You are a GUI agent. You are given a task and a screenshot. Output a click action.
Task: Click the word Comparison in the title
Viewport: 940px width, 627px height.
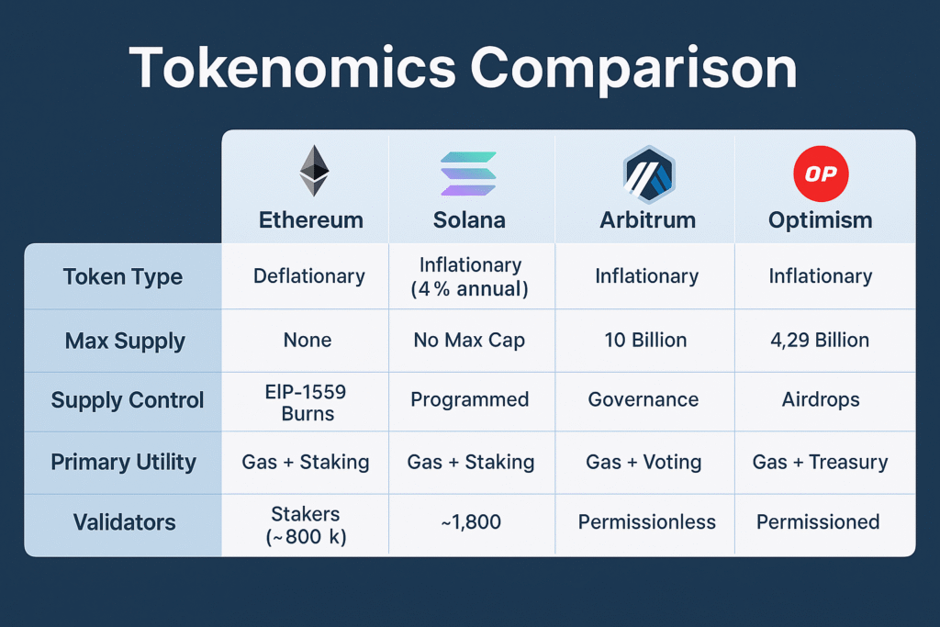(x=639, y=68)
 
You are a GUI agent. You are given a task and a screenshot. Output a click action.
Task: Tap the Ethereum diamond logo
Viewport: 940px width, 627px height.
(x=313, y=171)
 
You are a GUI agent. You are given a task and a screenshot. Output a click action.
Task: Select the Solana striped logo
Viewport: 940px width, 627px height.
(x=468, y=174)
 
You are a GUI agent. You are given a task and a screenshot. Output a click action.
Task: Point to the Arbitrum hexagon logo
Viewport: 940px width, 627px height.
(x=648, y=174)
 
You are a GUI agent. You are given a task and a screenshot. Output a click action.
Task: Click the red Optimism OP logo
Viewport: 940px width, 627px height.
(x=820, y=174)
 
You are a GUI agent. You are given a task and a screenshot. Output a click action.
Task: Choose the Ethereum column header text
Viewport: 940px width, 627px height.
(x=310, y=220)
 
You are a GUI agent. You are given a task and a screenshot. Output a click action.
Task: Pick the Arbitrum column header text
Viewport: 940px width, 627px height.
(x=647, y=220)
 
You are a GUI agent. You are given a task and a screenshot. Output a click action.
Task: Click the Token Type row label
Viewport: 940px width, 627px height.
(x=123, y=277)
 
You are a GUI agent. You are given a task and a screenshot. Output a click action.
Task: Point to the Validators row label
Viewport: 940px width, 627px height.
(x=124, y=522)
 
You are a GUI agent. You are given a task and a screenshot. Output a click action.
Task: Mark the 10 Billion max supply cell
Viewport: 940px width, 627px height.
(x=646, y=341)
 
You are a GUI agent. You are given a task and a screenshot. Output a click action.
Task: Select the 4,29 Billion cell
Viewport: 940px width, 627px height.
(x=820, y=341)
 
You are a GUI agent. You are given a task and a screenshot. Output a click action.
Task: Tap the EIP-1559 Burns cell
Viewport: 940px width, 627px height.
(x=308, y=400)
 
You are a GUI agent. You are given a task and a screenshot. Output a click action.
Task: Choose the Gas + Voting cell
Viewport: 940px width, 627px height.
(x=646, y=463)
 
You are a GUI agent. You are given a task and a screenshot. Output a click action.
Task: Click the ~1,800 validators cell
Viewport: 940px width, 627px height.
(x=470, y=522)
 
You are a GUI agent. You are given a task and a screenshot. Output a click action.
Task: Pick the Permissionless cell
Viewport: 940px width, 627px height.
(x=646, y=522)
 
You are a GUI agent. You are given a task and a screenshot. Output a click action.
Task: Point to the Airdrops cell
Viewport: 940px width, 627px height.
(x=820, y=400)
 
